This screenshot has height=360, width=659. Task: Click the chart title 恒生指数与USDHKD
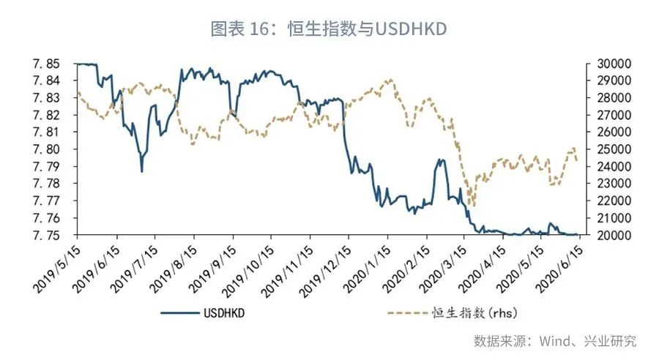pyautogui.click(x=329, y=29)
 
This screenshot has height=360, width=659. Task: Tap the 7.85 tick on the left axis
pyautogui.click(x=56, y=64)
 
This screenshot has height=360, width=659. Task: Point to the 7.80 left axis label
pyautogui.click(x=56, y=149)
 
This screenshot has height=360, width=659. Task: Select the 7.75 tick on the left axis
pyautogui.click(x=56, y=236)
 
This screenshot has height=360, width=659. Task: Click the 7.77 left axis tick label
pyautogui.click(x=56, y=201)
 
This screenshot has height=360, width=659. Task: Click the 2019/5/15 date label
pyautogui.click(x=59, y=267)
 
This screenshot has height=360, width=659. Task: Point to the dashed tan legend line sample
pyautogui.click(x=406, y=313)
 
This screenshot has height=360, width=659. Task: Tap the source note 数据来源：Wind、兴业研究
pyautogui.click(x=554, y=341)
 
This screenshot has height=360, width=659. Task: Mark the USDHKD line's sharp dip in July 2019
pyautogui.click(x=141, y=171)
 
